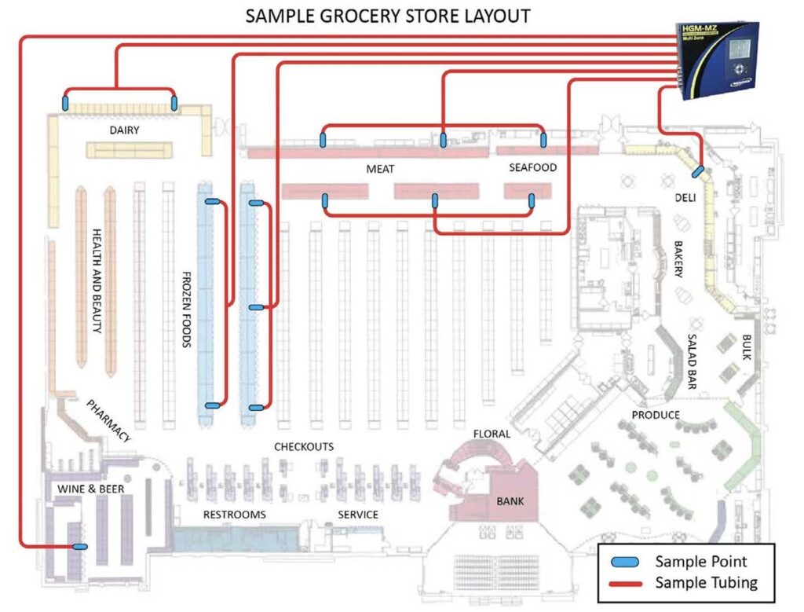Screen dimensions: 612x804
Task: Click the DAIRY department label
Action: [x=125, y=130]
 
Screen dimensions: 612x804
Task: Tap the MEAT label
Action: [x=380, y=169]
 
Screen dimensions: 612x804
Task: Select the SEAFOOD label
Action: [x=532, y=167]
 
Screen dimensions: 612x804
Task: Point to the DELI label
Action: [x=685, y=198]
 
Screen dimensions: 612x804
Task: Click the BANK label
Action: [x=510, y=500]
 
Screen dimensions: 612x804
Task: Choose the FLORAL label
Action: [x=492, y=434]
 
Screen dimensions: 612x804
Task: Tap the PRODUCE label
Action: [x=656, y=414]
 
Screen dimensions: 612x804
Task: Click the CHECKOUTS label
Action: [x=304, y=446]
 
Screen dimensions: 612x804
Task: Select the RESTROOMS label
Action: [x=235, y=515]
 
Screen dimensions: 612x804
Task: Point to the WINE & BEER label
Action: [x=90, y=489]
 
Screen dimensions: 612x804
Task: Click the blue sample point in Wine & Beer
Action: [x=79, y=546]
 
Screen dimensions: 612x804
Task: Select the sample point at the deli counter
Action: [x=697, y=170]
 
